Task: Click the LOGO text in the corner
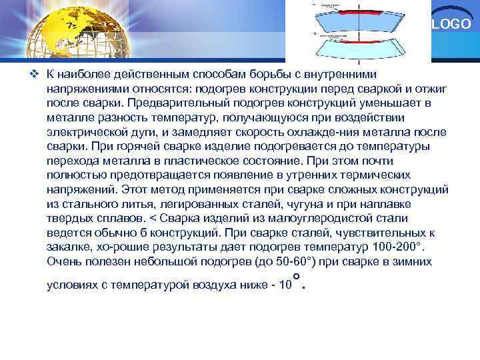456,25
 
